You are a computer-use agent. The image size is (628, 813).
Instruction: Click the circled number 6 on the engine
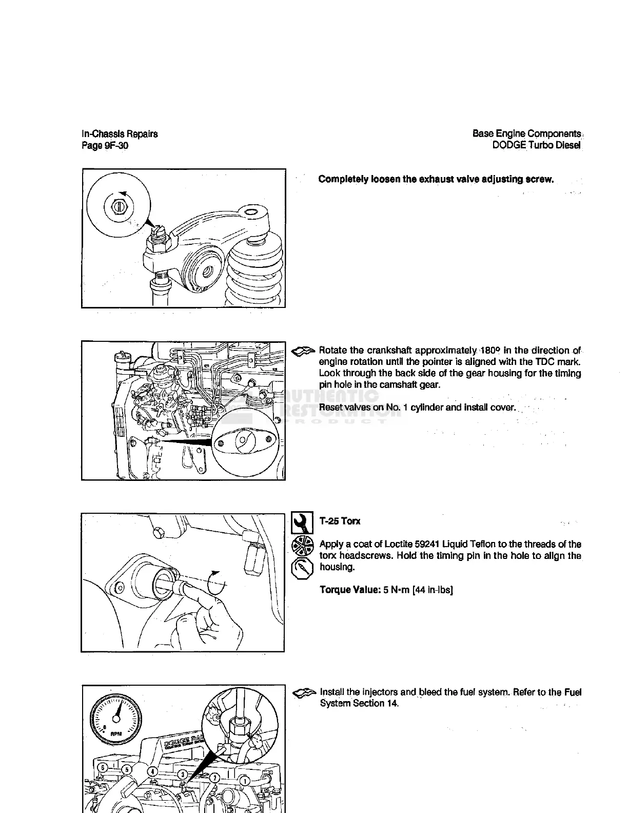click(103, 767)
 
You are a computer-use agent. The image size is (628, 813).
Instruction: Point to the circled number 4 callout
click(152, 771)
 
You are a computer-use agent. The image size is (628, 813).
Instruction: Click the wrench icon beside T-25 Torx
click(302, 522)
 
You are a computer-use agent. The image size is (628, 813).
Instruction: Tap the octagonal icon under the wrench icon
click(301, 568)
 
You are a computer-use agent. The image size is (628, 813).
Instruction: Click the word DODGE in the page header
click(509, 145)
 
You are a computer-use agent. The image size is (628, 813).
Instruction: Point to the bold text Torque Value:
click(349, 590)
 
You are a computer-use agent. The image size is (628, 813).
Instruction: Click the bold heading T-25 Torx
click(340, 521)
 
